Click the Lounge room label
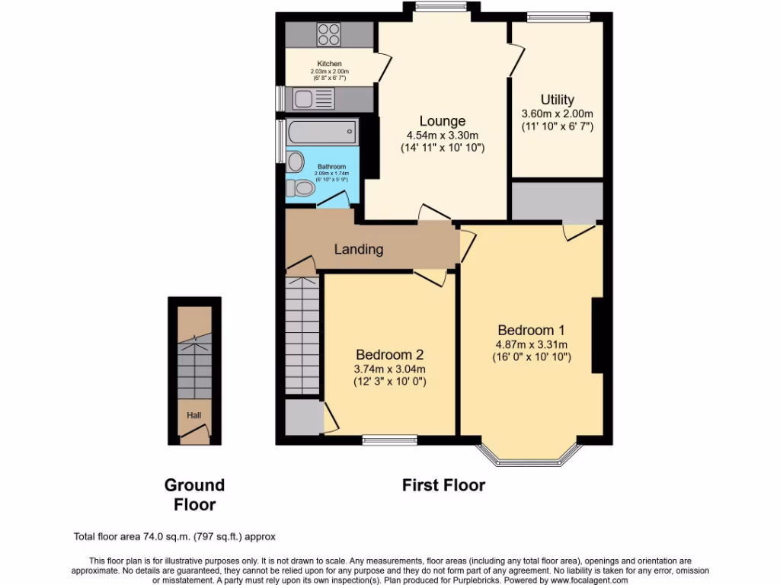click(x=442, y=121)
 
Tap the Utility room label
click(x=557, y=100)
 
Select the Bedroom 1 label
click(x=531, y=331)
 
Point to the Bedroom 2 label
click(x=389, y=355)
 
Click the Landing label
click(x=358, y=249)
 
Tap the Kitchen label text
click(x=329, y=64)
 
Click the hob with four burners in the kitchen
click(x=329, y=34)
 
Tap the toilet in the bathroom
click(x=305, y=187)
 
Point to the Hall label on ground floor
click(x=194, y=415)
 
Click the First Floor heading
click(x=443, y=485)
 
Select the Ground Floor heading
click(x=194, y=494)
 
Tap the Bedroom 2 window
click(x=389, y=440)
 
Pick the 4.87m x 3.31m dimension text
click(x=531, y=344)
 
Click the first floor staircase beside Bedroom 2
click(x=302, y=335)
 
